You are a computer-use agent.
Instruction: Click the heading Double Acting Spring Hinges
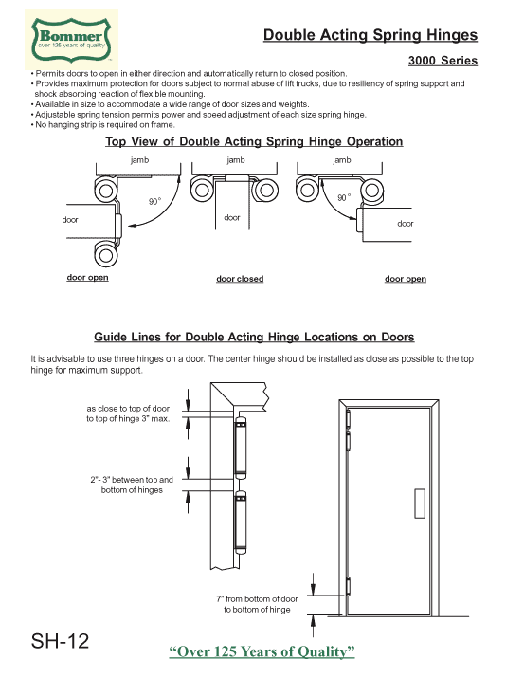click(x=370, y=36)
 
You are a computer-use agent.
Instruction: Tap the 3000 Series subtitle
click(x=443, y=62)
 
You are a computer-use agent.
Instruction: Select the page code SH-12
click(x=60, y=642)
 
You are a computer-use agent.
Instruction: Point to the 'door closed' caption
click(x=240, y=279)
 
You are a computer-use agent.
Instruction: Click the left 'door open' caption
click(x=87, y=278)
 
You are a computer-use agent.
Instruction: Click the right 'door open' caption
click(x=405, y=279)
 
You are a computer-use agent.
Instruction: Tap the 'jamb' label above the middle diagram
click(x=236, y=161)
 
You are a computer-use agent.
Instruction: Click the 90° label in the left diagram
click(x=154, y=201)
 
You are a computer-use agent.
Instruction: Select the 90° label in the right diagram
click(x=345, y=197)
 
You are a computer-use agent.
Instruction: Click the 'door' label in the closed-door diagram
click(x=232, y=218)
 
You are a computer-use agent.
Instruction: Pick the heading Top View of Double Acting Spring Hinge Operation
click(x=253, y=141)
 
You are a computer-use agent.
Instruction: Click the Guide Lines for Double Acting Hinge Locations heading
click(x=254, y=337)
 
